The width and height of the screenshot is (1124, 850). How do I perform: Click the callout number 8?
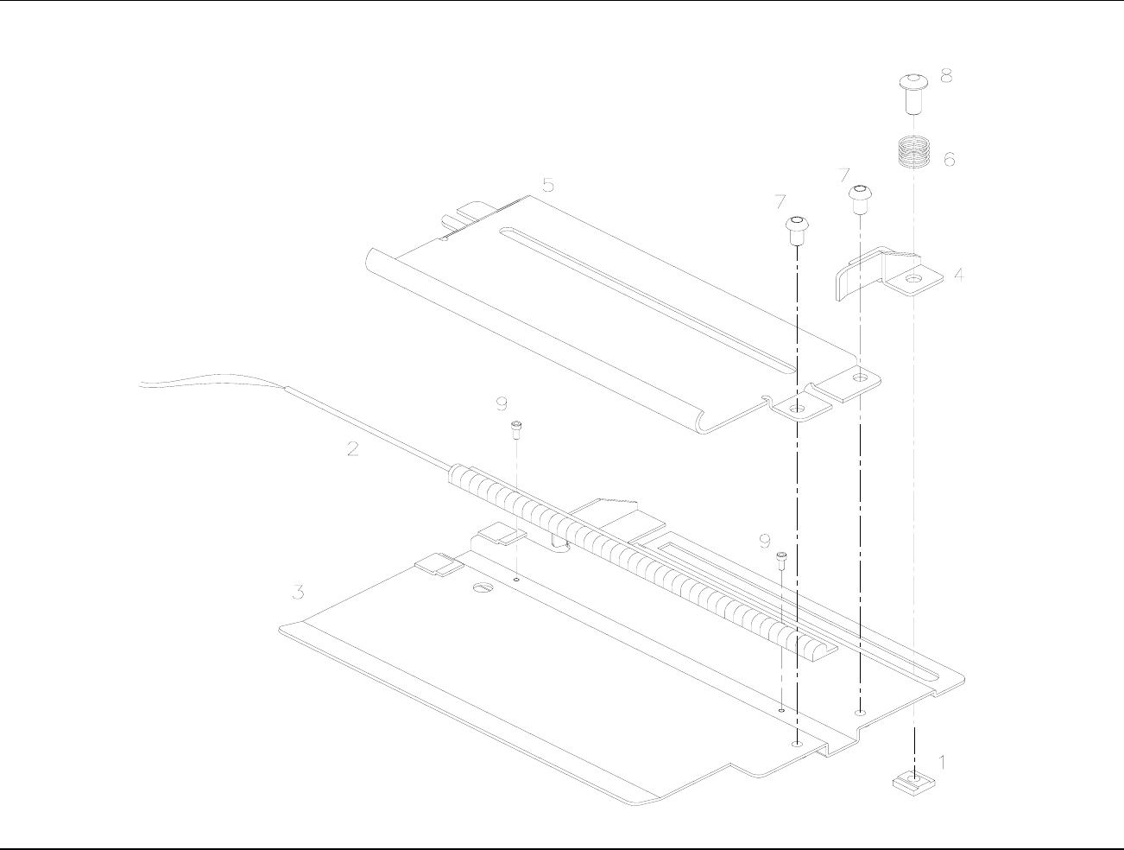coord(947,76)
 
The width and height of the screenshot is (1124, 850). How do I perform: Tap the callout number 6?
coord(949,160)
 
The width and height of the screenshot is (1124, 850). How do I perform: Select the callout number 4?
coord(959,276)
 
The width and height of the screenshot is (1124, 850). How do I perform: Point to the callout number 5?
coord(547,185)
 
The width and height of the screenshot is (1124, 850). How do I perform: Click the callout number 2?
coord(352,448)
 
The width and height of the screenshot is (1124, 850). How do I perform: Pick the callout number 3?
coord(297,593)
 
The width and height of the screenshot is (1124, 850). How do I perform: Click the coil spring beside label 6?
coord(912,155)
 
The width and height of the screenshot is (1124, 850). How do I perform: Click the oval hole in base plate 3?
coord(482,588)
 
